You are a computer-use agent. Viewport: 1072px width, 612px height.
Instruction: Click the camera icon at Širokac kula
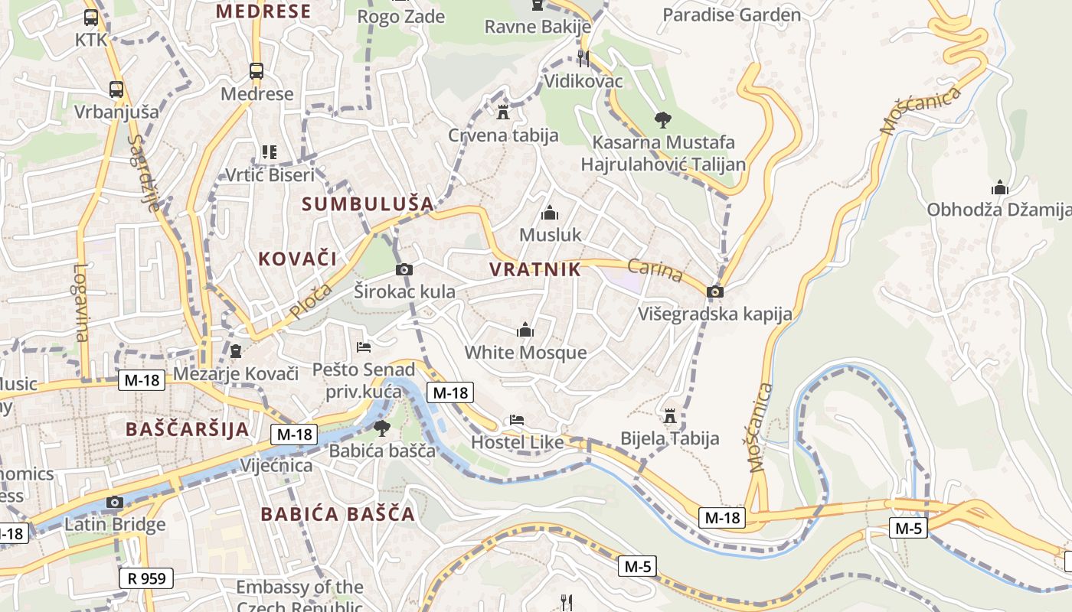pyautogui.click(x=404, y=269)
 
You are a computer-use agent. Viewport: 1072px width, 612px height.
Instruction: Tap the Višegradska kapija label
pyautogui.click(x=715, y=314)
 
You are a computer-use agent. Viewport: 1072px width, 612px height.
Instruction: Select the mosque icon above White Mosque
pyautogui.click(x=525, y=330)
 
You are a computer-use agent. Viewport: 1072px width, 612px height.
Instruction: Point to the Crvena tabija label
pyautogui.click(x=503, y=135)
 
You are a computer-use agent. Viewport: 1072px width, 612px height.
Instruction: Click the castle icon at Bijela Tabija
pyautogui.click(x=670, y=415)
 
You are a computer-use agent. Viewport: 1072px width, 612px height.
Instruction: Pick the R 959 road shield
pyautogui.click(x=146, y=578)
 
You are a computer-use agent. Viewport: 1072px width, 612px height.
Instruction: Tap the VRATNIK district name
pyautogui.click(x=534, y=269)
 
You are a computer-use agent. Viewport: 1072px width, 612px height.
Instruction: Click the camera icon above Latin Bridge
pyautogui.click(x=115, y=502)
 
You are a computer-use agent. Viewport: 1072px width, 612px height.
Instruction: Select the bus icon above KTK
pyautogui.click(x=91, y=17)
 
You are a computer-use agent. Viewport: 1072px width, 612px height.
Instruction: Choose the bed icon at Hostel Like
pyautogui.click(x=517, y=420)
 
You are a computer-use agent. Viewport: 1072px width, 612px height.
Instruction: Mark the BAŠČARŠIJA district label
pyautogui.click(x=188, y=429)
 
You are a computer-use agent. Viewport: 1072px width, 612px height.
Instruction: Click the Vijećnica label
pyautogui.click(x=276, y=465)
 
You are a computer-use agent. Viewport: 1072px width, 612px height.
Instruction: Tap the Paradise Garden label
pyautogui.click(x=731, y=15)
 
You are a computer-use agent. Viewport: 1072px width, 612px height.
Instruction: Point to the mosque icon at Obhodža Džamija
pyautogui.click(x=999, y=187)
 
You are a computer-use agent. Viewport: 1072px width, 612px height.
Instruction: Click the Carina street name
pyautogui.click(x=655, y=270)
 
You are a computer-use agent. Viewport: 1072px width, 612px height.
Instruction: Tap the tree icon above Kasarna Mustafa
pyautogui.click(x=663, y=119)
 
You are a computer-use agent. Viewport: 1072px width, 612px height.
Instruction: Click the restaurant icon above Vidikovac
pyautogui.click(x=583, y=57)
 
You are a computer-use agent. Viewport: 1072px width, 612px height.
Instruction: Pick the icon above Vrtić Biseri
pyautogui.click(x=269, y=152)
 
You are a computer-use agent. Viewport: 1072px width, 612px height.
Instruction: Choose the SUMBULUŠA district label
pyautogui.click(x=368, y=203)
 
